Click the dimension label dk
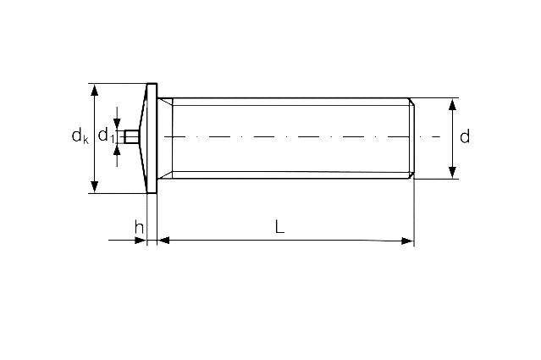coord(80,136)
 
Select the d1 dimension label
coord(106,136)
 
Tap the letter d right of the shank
coord(464,137)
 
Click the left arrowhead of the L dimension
coord(165,241)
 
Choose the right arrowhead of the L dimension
coord(407,241)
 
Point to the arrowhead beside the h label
coord(141,241)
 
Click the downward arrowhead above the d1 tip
coord(118,125)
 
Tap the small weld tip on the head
coord(130,137)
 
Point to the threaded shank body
coord(288,119)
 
